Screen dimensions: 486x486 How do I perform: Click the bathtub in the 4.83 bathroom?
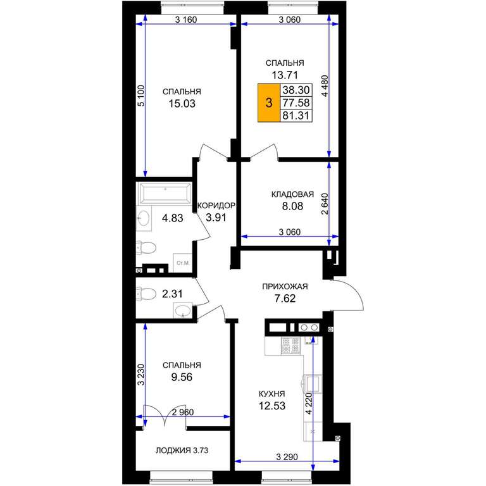tap(165, 194)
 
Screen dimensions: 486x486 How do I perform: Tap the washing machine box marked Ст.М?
tap(182, 263)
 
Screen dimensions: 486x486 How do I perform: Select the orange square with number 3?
tap(269, 103)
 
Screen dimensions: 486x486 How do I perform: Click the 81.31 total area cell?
tap(296, 116)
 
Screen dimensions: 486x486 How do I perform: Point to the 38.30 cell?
tap(296, 90)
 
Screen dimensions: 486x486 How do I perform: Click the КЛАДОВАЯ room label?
tap(292, 194)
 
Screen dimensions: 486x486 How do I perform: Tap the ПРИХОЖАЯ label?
tap(285, 287)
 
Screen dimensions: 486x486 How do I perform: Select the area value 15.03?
tap(182, 104)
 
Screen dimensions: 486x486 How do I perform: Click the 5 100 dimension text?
tap(141, 96)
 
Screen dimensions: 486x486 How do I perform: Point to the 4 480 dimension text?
tap(325, 86)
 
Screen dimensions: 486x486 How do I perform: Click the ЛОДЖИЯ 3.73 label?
tap(182, 451)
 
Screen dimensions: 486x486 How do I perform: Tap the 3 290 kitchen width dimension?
tap(287, 456)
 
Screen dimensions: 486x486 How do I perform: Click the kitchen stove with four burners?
tap(290, 346)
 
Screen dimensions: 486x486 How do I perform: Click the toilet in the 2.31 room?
tap(146, 294)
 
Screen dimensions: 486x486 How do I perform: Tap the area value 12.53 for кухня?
tap(272, 406)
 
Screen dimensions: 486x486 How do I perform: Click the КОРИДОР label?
tap(216, 206)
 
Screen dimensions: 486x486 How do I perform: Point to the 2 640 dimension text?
tap(325, 204)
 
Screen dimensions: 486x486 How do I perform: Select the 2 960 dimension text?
tap(182, 412)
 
